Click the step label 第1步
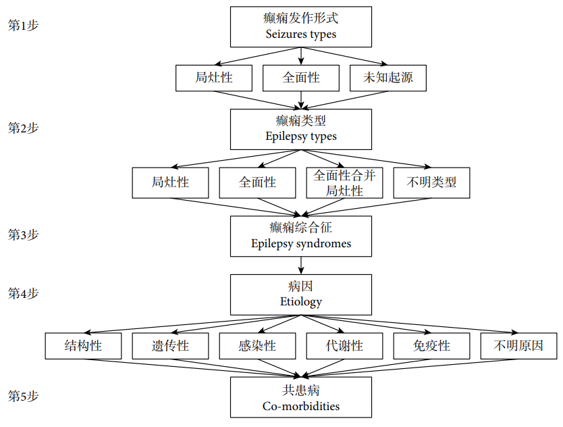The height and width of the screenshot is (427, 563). click(24, 26)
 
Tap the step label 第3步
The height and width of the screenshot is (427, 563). click(24, 234)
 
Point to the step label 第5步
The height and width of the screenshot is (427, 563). click(24, 396)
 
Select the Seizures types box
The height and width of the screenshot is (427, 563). click(301, 26)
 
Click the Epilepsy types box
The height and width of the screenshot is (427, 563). click(301, 130)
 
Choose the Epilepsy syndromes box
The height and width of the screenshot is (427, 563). click(301, 236)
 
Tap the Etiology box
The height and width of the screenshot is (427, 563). click(301, 295)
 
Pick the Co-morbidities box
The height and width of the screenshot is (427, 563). click(301, 397)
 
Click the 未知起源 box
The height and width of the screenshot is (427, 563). click(388, 78)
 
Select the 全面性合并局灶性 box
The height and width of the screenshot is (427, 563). click(344, 182)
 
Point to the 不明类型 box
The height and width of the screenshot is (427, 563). click(431, 182)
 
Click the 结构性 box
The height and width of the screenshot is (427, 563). click(83, 346)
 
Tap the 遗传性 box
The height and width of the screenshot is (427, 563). click(170, 346)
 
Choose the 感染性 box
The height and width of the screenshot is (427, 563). click(257, 346)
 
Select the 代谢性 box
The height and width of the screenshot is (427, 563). click(344, 346)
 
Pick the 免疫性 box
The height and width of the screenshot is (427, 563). click(431, 346)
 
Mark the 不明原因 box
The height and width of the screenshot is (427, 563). click(519, 346)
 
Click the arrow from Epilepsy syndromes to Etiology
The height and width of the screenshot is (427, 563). click(301, 266)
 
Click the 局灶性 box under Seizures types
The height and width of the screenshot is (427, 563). click(214, 78)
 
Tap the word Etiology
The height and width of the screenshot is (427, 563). click(301, 302)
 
